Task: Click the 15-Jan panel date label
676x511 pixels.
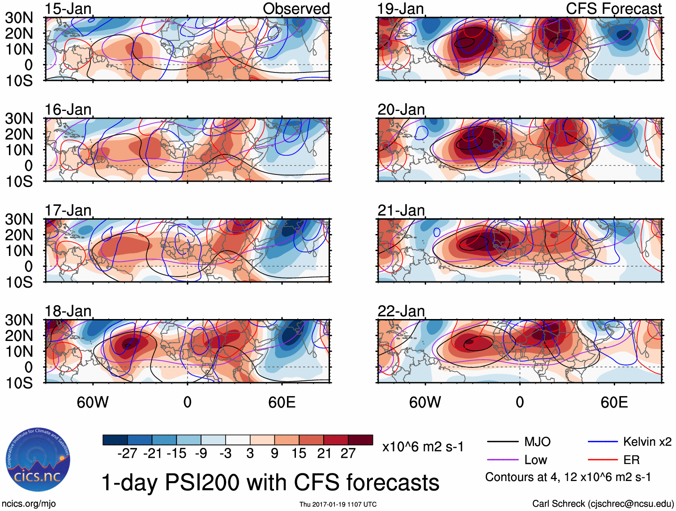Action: coord(68,9)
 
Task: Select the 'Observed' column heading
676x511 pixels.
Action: coord(296,9)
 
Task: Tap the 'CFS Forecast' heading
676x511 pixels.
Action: coord(613,9)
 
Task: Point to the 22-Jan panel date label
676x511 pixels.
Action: coord(401,311)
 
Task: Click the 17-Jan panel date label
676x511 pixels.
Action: coord(68,210)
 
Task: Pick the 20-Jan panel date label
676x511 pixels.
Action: coord(401,110)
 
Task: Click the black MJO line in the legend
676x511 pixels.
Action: coord(503,442)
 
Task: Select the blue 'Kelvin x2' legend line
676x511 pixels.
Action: coord(603,442)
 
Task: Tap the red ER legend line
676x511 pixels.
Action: coord(603,460)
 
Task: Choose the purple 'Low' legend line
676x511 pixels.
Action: coord(503,460)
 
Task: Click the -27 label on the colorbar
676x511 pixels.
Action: coord(127,453)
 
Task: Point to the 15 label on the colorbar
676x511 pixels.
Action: coord(299,453)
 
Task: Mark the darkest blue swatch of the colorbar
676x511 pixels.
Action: coord(115,440)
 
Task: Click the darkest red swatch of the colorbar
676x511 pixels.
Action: coord(360,440)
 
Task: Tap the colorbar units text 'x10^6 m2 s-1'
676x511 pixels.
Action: coord(423,447)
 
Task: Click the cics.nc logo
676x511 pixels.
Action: coord(38,460)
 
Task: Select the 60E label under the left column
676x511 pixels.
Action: coord(282,402)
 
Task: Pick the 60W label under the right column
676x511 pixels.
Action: coord(425,402)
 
